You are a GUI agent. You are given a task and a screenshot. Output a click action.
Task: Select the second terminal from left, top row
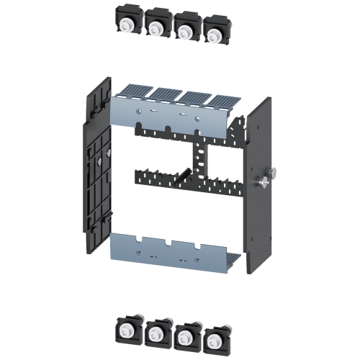pos(156,26)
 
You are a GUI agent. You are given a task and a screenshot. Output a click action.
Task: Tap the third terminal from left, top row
pos(185,29)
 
